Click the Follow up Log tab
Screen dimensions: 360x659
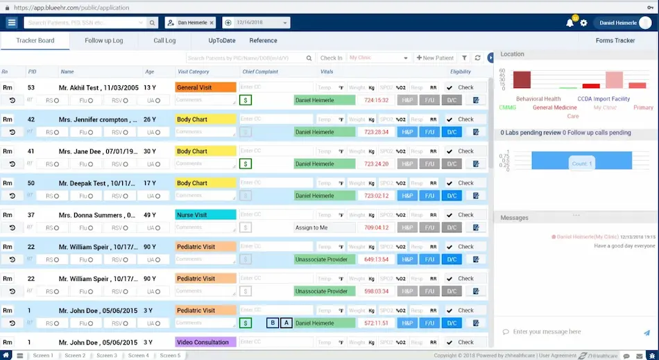104,41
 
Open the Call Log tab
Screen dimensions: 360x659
164,41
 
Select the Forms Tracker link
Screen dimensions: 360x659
615,41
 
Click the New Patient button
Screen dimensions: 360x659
435,58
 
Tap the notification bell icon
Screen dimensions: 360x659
570,23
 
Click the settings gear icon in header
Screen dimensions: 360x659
584,23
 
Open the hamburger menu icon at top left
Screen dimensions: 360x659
12,23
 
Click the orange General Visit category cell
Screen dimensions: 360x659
205,88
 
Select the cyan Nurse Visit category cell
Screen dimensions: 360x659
205,215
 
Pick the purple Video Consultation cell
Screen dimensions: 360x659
205,343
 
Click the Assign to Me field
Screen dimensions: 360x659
324,228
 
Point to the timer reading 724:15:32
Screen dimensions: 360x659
376,101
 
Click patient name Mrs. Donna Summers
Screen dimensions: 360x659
96,215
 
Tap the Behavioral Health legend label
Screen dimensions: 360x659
538,99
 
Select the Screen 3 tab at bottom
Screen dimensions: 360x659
106,356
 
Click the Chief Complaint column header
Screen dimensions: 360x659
260,71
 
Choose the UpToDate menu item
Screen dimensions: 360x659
222,41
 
